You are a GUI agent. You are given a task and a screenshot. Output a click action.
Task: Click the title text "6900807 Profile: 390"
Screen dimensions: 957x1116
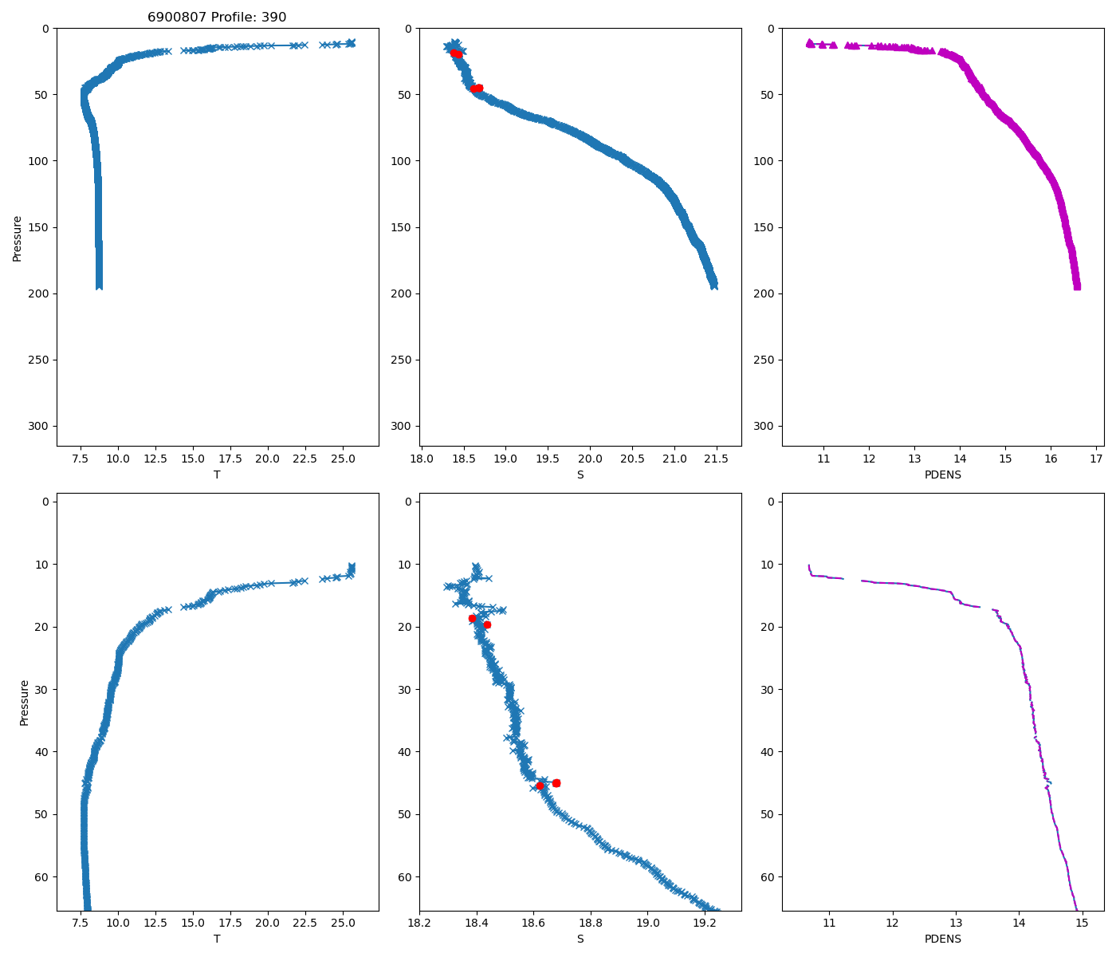point(217,18)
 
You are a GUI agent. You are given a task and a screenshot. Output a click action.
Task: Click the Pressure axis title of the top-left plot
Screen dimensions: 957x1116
point(18,238)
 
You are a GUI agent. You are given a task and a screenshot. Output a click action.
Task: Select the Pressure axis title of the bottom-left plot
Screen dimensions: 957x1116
point(25,703)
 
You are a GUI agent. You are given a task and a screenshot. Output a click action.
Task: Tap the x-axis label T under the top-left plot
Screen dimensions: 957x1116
point(217,475)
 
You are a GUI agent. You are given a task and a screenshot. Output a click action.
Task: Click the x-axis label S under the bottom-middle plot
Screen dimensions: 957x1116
point(580,939)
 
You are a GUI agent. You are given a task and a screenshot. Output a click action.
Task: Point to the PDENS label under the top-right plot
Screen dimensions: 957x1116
point(942,475)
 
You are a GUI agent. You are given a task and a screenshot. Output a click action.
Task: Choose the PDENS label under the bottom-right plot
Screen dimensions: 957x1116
point(942,939)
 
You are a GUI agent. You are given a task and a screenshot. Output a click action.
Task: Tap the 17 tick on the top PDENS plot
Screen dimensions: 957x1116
point(1096,459)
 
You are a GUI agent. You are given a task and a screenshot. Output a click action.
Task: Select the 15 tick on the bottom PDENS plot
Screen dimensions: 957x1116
point(1082,923)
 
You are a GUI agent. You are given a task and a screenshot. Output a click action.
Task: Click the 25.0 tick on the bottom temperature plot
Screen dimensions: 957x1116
point(343,923)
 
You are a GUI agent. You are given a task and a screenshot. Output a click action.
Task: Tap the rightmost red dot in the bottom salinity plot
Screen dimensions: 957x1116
point(556,783)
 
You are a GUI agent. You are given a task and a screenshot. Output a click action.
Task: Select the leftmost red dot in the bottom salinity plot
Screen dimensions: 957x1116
point(472,618)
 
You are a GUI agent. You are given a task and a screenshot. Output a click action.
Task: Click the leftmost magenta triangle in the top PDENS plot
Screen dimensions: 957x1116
point(810,43)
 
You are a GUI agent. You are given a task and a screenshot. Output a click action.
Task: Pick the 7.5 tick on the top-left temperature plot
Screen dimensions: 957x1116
point(81,459)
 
